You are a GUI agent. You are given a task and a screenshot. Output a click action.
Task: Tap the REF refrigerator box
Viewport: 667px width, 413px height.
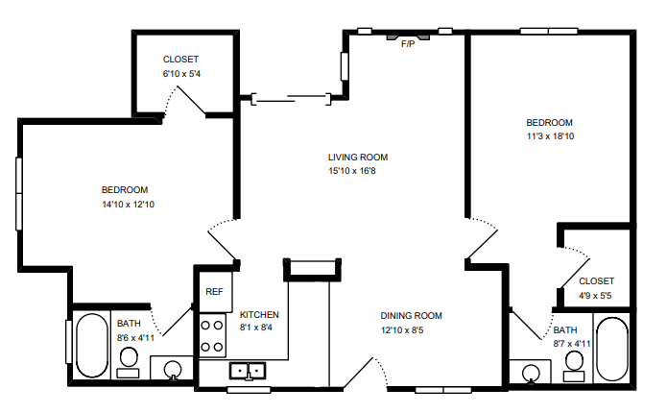pos(212,292)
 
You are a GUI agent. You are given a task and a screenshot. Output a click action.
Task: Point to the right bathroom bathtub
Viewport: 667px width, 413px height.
pos(611,347)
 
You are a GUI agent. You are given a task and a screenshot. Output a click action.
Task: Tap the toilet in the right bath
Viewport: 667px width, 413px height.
pos(574,360)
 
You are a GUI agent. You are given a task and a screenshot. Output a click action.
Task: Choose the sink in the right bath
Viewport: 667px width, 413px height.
pos(530,372)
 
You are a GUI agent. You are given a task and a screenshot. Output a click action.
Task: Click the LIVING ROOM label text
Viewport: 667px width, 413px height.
pos(358,158)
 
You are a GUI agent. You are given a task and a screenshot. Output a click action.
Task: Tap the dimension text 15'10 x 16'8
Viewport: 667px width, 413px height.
pos(358,172)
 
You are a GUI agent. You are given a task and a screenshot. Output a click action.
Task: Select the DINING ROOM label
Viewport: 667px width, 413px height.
pos(411,316)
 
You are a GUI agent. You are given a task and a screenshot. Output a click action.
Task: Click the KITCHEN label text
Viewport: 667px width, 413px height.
pos(259,315)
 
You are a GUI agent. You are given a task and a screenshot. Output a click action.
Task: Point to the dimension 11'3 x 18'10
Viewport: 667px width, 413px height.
pos(549,136)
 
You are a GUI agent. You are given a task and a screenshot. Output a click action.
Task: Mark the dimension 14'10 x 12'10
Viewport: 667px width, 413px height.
pos(128,204)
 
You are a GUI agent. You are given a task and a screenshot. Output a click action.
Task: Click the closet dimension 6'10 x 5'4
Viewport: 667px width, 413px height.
pos(180,73)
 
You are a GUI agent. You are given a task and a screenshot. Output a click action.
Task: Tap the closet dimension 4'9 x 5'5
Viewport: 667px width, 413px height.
pos(596,295)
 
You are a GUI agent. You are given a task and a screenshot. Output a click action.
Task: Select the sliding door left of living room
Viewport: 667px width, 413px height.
pos(292,97)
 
